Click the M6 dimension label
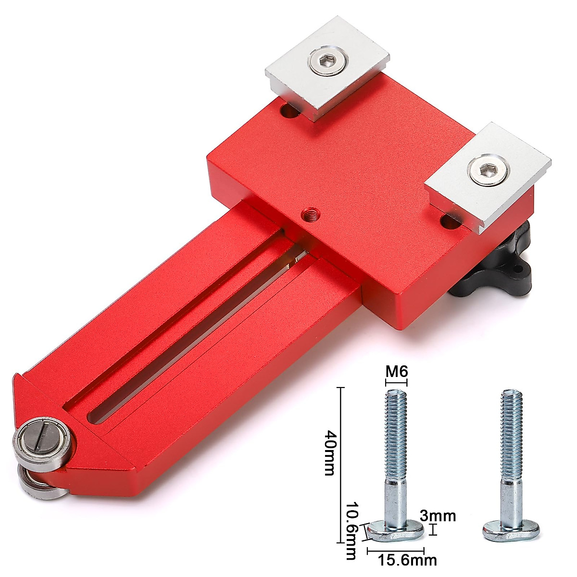coord(397,372)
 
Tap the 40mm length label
coord(329,452)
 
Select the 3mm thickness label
coord(437,517)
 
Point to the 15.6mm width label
coord(401,560)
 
